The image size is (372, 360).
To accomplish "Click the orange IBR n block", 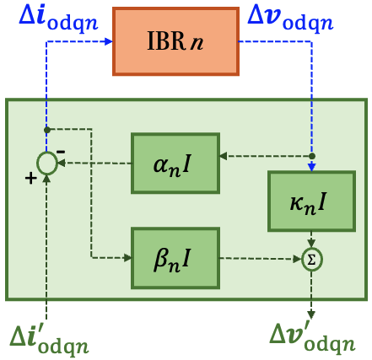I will (175, 40).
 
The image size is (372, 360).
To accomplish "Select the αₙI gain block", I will (175, 162).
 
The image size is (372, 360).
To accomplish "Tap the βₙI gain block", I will (175, 257).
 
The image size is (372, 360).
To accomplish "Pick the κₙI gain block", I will (311, 201).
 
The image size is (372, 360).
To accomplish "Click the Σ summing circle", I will (312, 260).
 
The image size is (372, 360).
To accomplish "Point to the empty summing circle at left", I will (47, 163).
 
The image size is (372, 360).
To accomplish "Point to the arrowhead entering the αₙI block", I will (223, 156).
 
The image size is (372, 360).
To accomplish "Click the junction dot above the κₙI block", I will (312, 156).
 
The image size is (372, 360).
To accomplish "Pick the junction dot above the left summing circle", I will (47, 130).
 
